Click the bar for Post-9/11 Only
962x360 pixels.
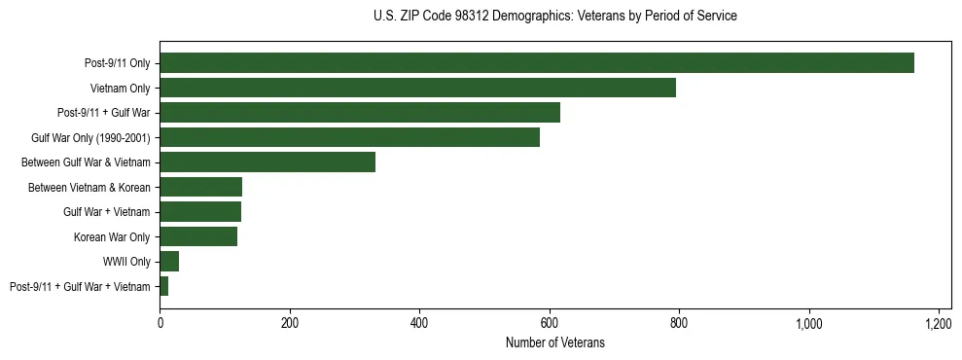coord(537,63)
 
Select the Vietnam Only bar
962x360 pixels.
coord(417,88)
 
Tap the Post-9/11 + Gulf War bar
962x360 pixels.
coord(360,113)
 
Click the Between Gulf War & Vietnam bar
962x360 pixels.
coord(267,162)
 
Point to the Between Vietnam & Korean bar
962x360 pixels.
coord(200,187)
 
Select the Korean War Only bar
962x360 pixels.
coord(198,236)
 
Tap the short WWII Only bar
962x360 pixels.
coord(169,262)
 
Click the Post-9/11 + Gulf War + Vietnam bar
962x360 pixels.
coord(164,286)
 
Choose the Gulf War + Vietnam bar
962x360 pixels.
coord(200,212)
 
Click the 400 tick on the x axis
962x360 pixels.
coord(419,322)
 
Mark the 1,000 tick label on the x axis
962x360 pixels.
coord(809,322)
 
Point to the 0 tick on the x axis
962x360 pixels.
coord(160,322)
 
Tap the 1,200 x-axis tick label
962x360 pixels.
coord(939,322)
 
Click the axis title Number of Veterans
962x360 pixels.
coord(554,342)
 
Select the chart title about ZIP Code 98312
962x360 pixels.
coord(554,16)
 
